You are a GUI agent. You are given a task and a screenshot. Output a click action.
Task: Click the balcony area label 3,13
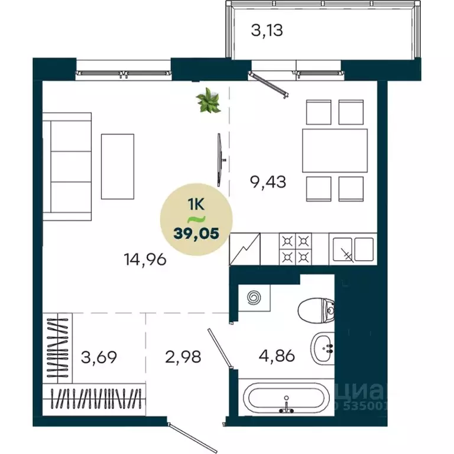point(267,30)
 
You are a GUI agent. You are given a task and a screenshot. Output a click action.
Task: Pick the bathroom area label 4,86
point(276,356)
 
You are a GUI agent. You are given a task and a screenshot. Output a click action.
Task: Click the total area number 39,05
point(197,232)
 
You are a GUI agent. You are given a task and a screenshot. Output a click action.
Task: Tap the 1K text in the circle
point(196,205)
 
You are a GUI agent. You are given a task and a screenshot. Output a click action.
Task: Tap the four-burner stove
point(295,248)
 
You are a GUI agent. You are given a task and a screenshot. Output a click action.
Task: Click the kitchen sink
point(353,248)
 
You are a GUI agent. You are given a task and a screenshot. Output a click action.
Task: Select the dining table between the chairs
point(334,150)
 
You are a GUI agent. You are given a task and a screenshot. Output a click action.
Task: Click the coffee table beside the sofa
point(118,166)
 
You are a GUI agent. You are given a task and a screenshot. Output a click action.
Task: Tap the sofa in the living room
point(70,166)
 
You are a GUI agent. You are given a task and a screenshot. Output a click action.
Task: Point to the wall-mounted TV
point(220,157)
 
